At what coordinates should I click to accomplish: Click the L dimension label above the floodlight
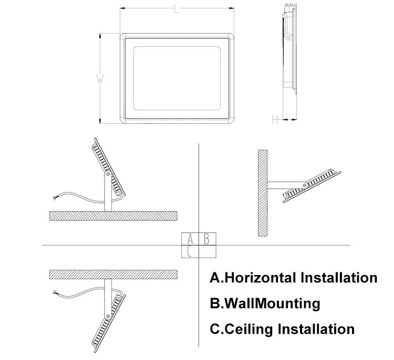[177, 8]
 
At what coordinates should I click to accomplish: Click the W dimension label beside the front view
[100, 78]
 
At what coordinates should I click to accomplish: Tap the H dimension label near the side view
[275, 119]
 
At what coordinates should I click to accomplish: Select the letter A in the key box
[190, 239]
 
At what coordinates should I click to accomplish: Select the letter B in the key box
[206, 239]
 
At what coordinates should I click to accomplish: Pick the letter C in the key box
[190, 251]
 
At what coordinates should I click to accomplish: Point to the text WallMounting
[272, 303]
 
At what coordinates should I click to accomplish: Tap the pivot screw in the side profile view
[288, 38]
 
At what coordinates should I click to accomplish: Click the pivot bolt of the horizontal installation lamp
[108, 174]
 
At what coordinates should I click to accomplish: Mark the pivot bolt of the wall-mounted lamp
[305, 185]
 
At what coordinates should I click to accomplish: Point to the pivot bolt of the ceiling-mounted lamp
[108, 316]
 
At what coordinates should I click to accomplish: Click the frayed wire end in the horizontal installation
[55, 197]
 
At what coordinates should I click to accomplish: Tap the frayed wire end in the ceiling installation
[55, 292]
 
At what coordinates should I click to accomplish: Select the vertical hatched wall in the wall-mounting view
[263, 193]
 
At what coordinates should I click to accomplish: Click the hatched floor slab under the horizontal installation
[113, 216]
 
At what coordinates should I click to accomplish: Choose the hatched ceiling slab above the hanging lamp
[113, 274]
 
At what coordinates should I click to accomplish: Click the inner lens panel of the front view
[177, 78]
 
